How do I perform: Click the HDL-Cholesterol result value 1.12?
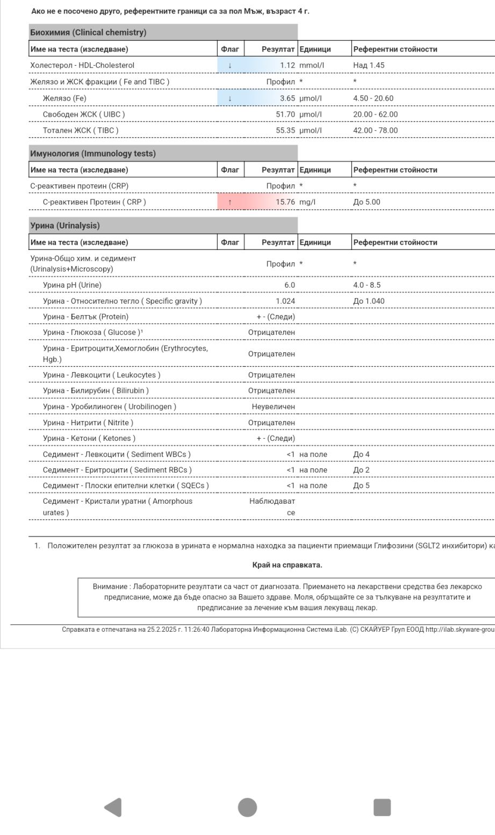point(288,66)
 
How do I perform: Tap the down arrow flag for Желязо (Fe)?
point(230,98)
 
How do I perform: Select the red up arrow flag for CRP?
point(230,202)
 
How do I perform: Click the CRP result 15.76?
point(285,202)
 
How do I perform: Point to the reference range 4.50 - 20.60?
point(373,98)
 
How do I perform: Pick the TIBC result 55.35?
point(285,131)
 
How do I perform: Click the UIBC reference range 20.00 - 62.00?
point(375,115)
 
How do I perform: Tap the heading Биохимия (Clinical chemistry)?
point(88,33)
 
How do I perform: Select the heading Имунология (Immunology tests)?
point(93,154)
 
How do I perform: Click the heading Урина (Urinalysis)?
point(65,226)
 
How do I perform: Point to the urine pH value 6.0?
point(290,285)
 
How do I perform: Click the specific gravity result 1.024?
point(285,301)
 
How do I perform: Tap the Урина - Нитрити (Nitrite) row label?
point(88,423)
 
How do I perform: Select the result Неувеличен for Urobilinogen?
point(274,407)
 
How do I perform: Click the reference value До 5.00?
point(367,202)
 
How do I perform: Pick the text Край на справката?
point(287,565)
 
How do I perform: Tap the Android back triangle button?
point(113,807)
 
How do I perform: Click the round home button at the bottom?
point(247,807)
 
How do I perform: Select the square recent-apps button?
point(382,807)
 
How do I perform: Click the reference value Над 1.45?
point(369,66)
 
